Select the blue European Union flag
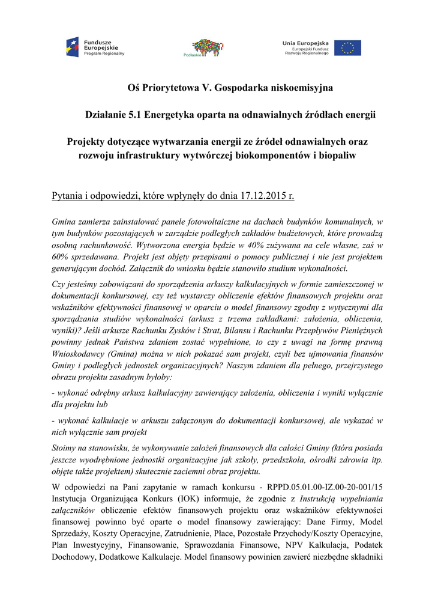[347, 47]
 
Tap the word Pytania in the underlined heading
[69, 196]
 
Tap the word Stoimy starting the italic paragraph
[65, 447]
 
